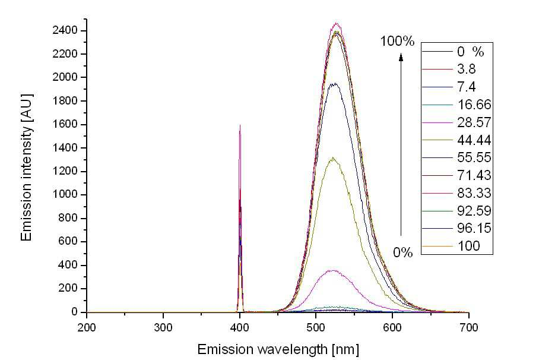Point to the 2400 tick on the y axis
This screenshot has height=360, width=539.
click(65, 31)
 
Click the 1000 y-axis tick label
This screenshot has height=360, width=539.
click(65, 194)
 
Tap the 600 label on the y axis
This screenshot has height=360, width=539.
click(68, 241)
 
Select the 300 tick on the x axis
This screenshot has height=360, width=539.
click(163, 327)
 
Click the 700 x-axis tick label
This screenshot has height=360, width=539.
click(468, 327)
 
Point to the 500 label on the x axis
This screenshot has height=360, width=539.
click(316, 327)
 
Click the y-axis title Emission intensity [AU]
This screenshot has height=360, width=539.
click(27, 168)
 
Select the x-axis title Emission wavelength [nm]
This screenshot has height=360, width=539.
click(278, 349)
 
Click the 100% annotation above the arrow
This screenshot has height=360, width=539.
click(397, 42)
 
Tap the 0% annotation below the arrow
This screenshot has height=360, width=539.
click(402, 252)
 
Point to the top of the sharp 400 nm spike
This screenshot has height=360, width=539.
click(240, 125)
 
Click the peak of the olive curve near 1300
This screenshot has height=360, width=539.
click(333, 158)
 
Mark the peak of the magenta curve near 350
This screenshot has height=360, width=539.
click(332, 270)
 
